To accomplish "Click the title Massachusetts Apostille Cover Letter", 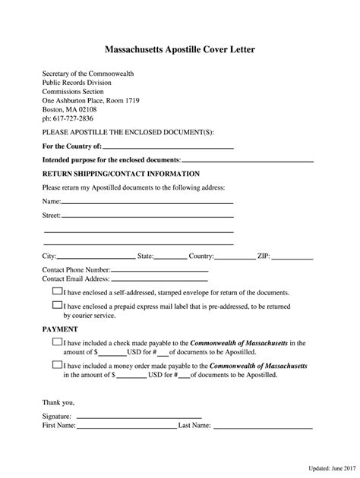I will click(x=180, y=49).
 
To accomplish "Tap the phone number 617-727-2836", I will click(x=68, y=118).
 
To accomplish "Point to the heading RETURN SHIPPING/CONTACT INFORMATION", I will click(x=121, y=174).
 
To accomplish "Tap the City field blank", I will click(x=96, y=257).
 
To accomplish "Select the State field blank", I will click(x=171, y=257).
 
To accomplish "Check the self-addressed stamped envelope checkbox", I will click(x=57, y=291).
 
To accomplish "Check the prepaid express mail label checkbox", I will click(x=57, y=305).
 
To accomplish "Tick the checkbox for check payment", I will click(x=57, y=343).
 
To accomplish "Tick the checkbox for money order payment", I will click(x=57, y=365).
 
